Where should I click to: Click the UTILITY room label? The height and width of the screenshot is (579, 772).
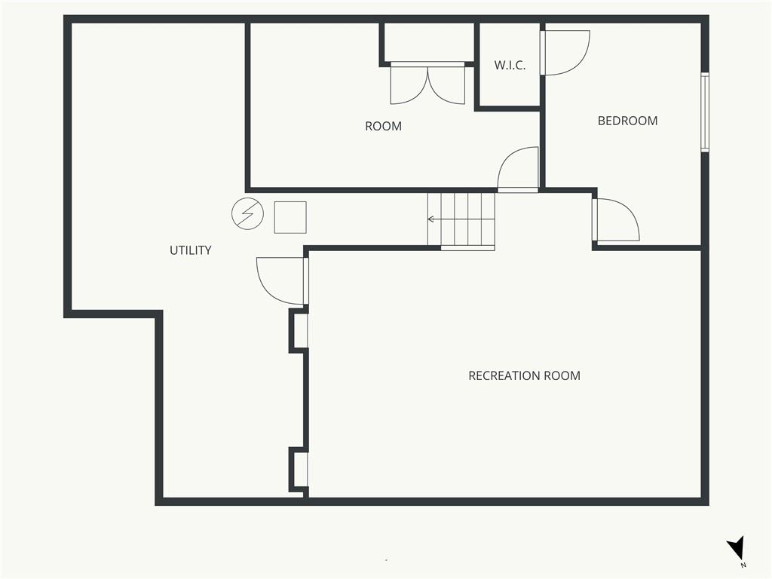click(191, 250)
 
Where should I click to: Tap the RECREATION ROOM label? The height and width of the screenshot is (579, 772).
click(525, 375)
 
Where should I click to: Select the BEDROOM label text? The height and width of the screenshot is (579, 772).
click(627, 121)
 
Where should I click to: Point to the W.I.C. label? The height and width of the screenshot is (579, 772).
click(510, 65)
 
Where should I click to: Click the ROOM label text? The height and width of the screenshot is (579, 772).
click(383, 126)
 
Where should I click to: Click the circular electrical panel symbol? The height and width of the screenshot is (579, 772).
click(247, 213)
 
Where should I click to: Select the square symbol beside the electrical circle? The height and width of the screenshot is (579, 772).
click(290, 217)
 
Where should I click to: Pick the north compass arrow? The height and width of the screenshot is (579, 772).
click(736, 547)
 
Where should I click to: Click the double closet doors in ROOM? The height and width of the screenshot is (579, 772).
click(427, 83)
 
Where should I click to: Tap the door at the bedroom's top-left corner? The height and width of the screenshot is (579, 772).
click(565, 53)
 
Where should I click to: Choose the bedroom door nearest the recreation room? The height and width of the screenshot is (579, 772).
click(616, 219)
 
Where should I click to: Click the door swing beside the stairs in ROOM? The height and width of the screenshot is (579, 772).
click(518, 169)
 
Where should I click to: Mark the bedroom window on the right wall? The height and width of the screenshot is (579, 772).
click(705, 112)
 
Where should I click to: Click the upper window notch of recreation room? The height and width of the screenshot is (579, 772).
click(299, 330)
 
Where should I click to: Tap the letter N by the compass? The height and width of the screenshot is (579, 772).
click(743, 565)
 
